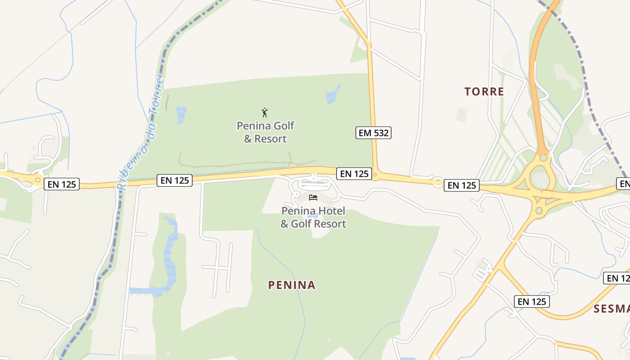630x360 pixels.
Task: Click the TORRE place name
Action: pos(484,92)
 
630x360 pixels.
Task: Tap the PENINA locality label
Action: pos(292,285)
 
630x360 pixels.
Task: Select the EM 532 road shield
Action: pos(373,133)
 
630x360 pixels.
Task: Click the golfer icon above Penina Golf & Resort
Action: pos(265,112)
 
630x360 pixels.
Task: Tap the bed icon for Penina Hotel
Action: pos(313,198)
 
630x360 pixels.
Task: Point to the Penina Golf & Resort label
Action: pos(265,132)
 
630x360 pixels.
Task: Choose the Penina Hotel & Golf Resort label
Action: pos(313,217)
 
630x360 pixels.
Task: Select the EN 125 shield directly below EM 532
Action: pos(355,174)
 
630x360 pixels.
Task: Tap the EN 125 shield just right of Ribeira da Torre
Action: pos(175,180)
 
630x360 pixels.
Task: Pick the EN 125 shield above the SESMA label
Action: pos(532,301)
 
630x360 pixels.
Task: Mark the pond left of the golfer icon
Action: pos(181,114)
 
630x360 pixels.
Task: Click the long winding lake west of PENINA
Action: pos(170,256)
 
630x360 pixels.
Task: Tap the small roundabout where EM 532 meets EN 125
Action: pos(375,174)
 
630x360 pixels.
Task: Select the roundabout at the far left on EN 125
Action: pos(37,180)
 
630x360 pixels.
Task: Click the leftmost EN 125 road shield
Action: pos(62,184)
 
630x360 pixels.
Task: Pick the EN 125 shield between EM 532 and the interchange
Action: pos(462,185)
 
